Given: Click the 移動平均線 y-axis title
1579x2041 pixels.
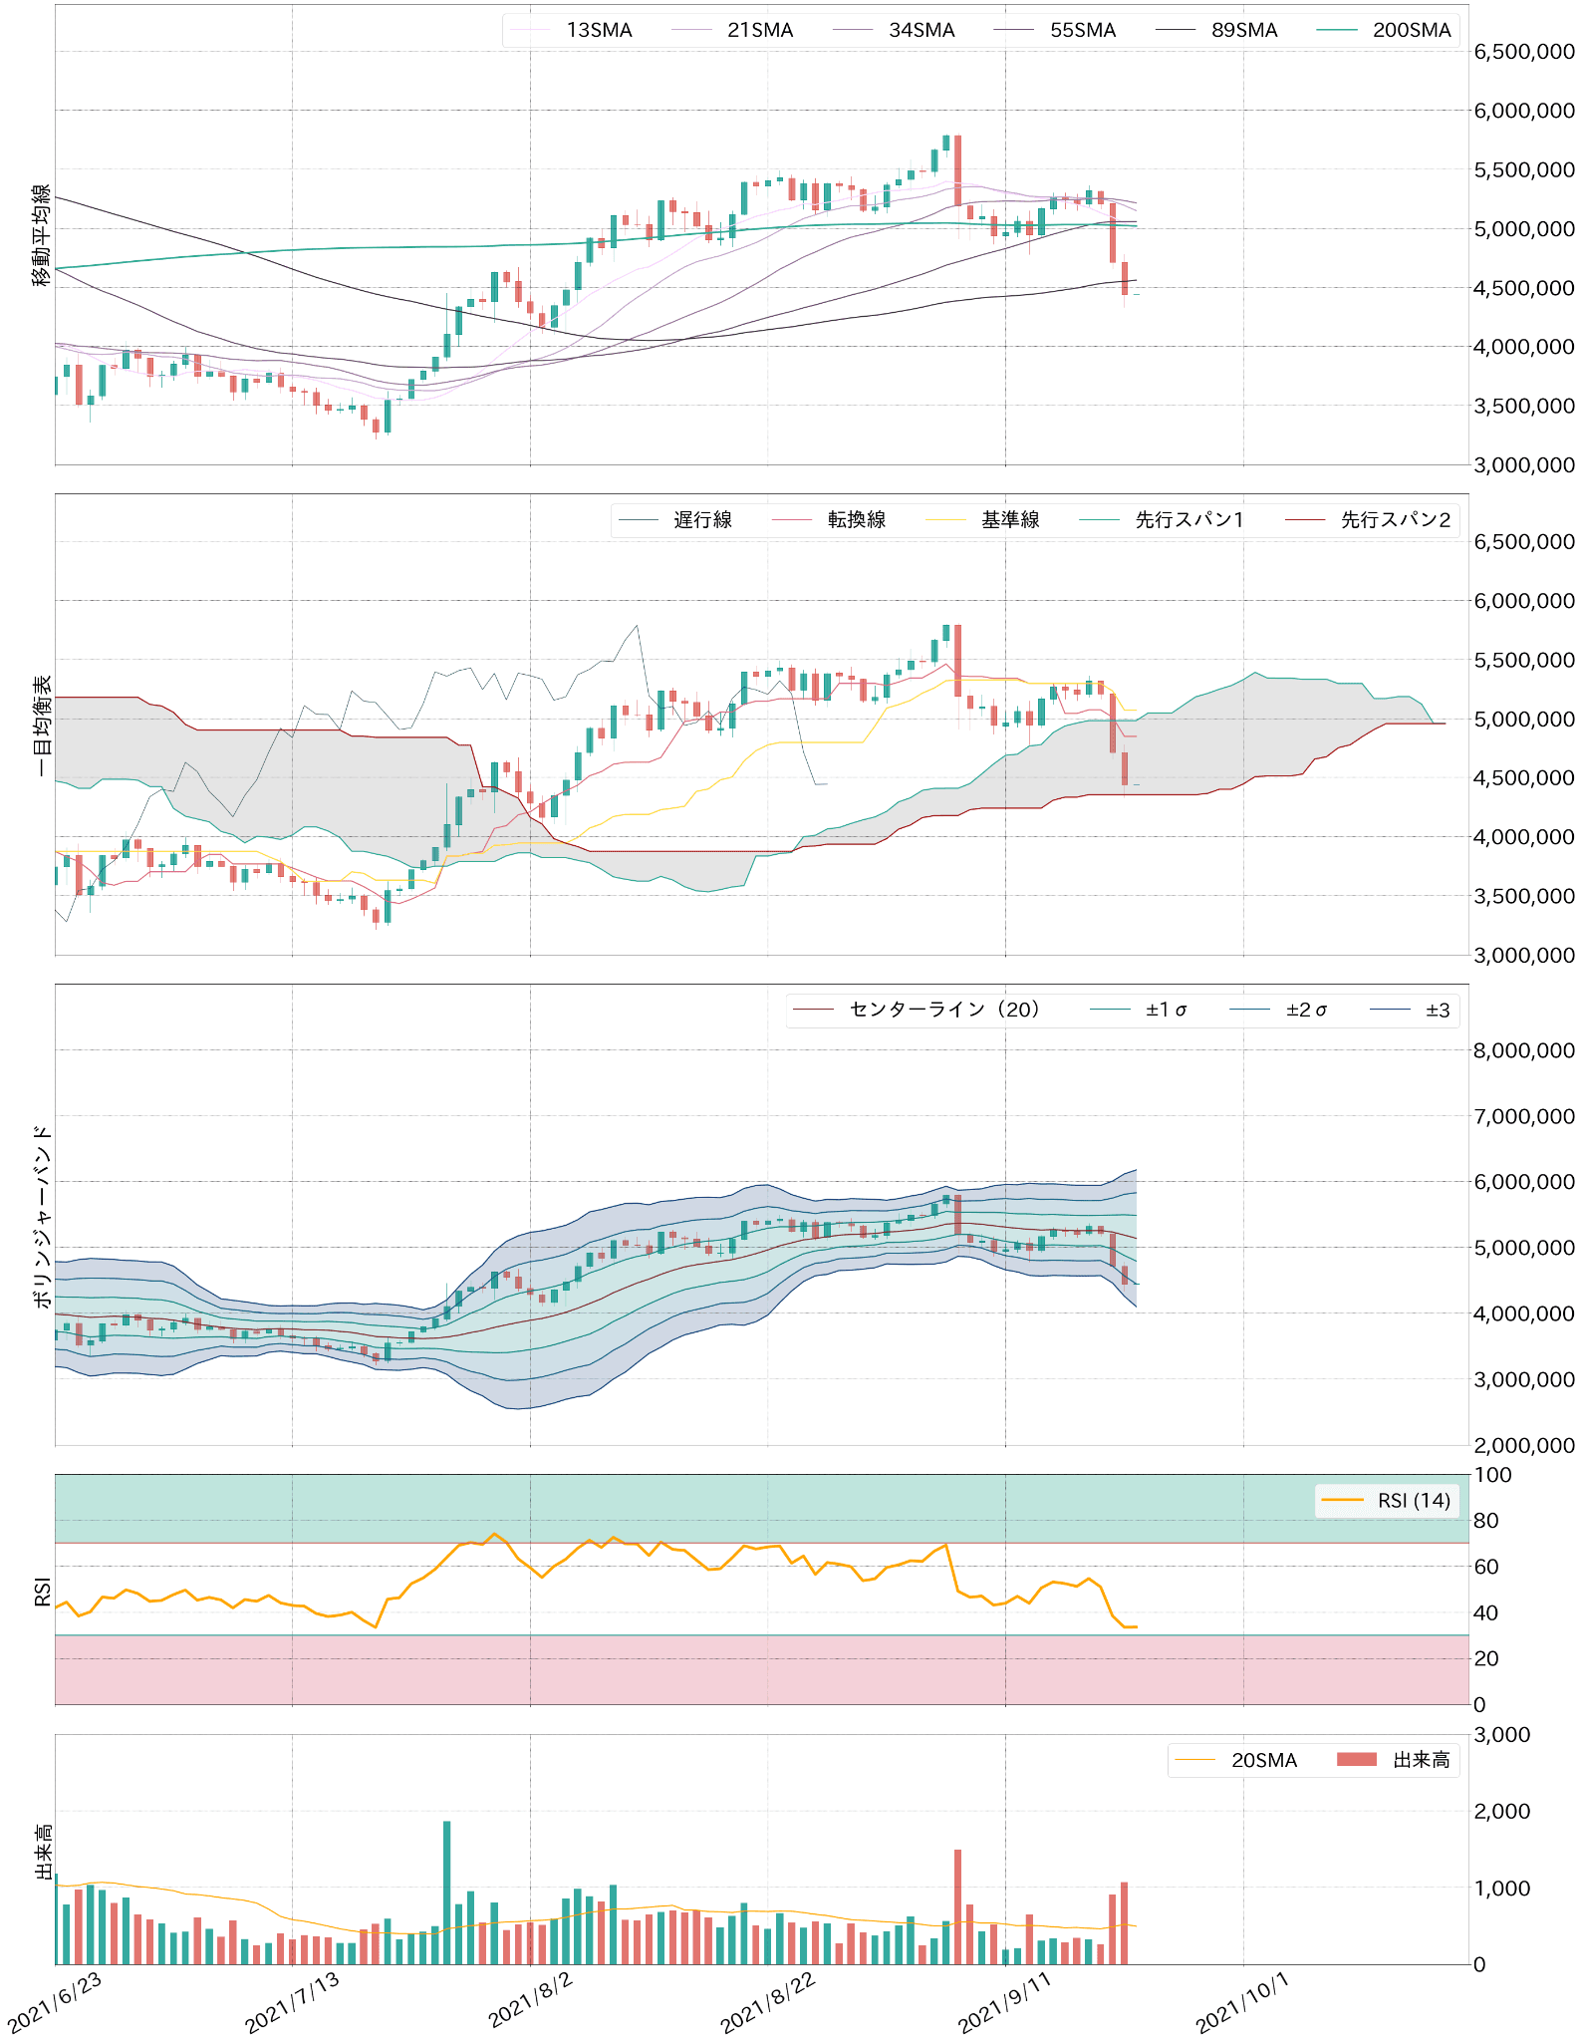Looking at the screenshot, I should pyautogui.click(x=41, y=235).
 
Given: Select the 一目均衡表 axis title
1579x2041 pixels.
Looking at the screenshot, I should pyautogui.click(x=41, y=725).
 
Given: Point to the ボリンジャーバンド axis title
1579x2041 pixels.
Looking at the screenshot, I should pyautogui.click(x=41, y=1216).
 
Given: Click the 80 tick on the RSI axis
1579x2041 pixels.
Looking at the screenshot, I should pyautogui.click(x=1486, y=1521).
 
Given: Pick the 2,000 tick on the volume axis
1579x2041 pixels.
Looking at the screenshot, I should pyautogui.click(x=1501, y=1812).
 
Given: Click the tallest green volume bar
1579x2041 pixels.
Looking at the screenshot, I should pyautogui.click(x=446, y=1893).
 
